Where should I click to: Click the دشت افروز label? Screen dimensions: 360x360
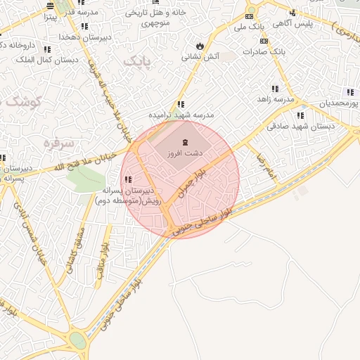(186, 152)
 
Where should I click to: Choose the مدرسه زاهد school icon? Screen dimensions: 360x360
(274, 89)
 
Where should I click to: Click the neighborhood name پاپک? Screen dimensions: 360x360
(138, 63)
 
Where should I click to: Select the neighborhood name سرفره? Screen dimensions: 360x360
(59, 143)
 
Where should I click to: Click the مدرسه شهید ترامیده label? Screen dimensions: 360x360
(181, 114)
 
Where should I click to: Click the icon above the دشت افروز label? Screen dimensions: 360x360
(175, 142)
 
